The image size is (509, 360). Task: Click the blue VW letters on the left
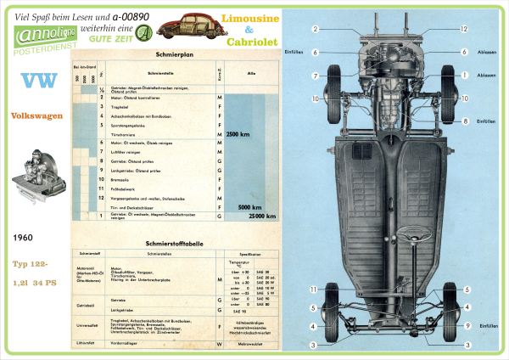coord(36,82)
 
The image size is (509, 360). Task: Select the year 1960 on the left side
coord(23,240)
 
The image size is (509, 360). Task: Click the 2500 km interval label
coord(238,134)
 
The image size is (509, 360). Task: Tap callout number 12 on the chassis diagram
coord(464,29)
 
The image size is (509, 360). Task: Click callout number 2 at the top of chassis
coord(315,29)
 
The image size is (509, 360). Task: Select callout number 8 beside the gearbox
coord(465,121)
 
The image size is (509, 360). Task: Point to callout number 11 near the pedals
coord(313,290)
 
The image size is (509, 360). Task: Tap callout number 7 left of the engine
coord(315,76)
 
